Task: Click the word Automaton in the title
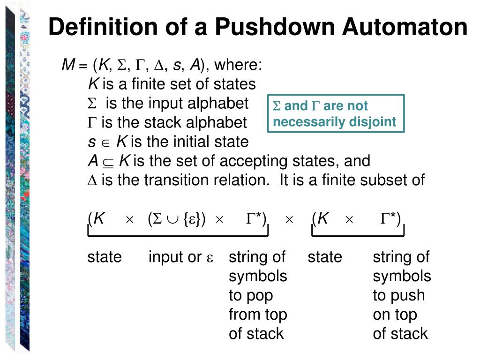coord(405,27)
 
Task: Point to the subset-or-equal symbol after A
coord(108,162)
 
